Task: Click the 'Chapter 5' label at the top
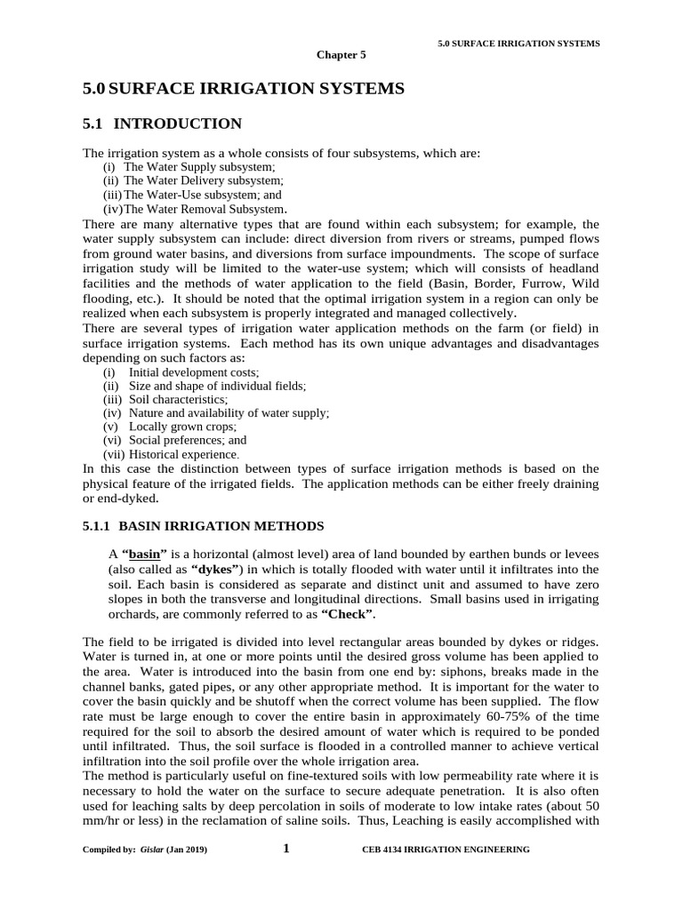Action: (x=341, y=55)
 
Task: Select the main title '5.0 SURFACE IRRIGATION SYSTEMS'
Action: (x=243, y=88)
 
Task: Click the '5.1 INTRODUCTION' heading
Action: (x=162, y=124)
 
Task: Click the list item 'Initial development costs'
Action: (x=194, y=372)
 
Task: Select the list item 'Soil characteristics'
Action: (x=178, y=399)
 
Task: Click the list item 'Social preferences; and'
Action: (x=188, y=440)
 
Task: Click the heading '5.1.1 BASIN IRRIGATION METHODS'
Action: (x=203, y=525)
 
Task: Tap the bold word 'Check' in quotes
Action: (x=348, y=614)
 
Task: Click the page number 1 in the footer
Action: (x=286, y=849)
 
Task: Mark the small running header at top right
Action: (x=518, y=44)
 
